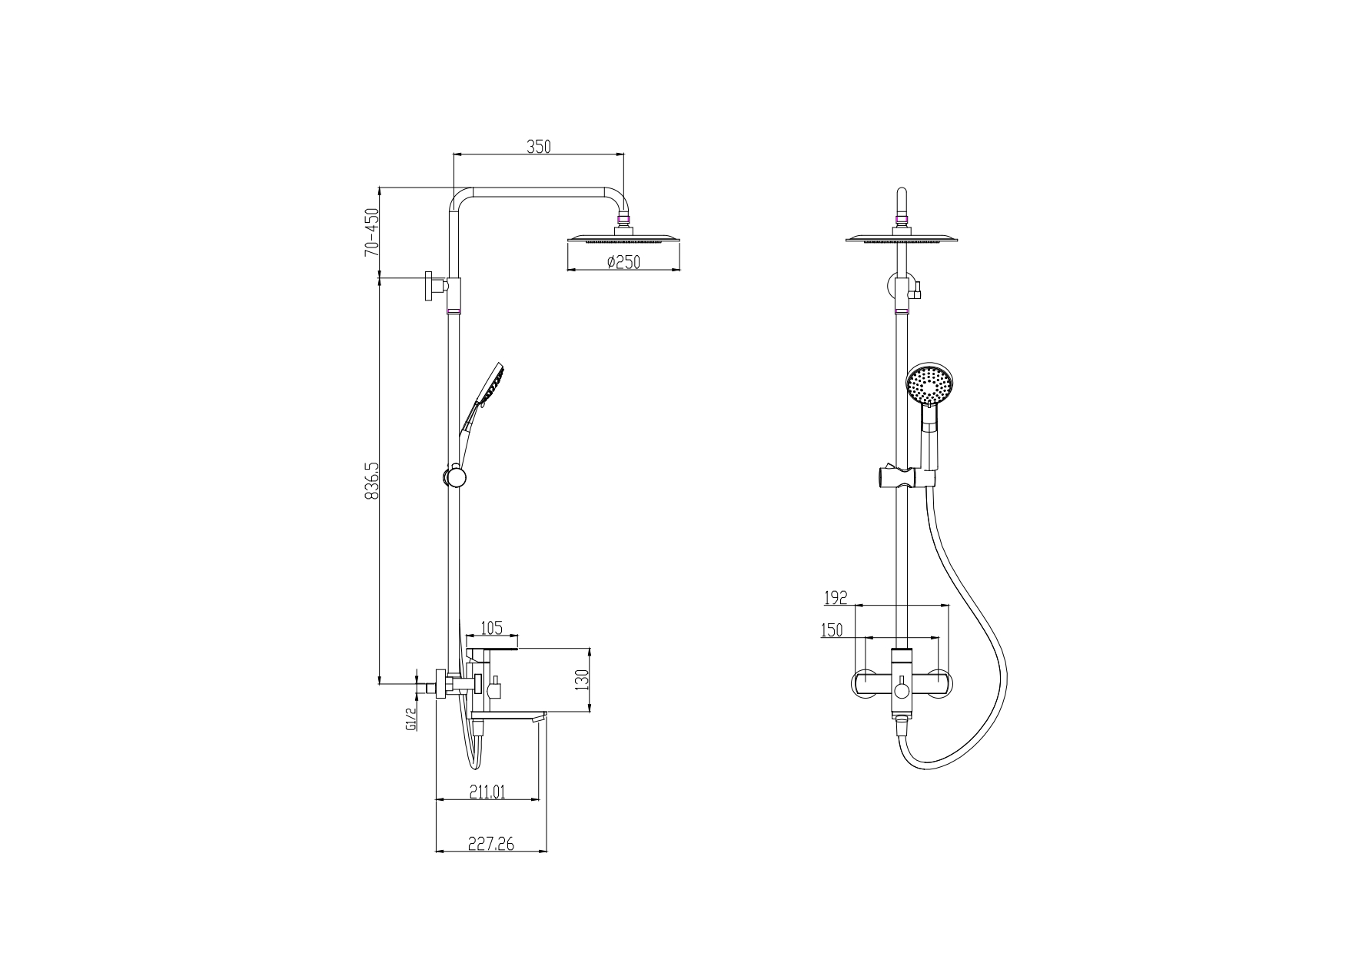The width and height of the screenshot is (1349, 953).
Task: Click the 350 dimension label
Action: (538, 146)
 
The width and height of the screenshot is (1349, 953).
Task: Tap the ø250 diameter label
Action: (623, 262)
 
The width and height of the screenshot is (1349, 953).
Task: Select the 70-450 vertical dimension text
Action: (372, 231)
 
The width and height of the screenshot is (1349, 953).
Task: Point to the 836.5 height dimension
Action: (372, 482)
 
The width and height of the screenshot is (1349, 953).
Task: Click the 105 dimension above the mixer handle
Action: (491, 628)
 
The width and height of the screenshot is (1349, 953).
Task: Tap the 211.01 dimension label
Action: (487, 792)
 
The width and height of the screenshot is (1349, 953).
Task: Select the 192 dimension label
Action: (835, 597)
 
